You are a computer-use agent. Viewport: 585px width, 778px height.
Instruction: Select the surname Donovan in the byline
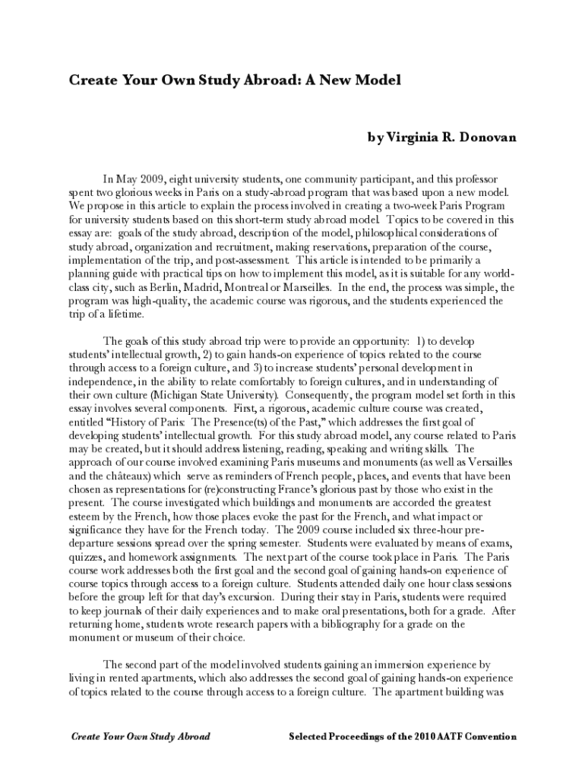pyautogui.click(x=483, y=138)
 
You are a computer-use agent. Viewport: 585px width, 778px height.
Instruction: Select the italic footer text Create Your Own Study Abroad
pyautogui.click(x=141, y=736)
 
